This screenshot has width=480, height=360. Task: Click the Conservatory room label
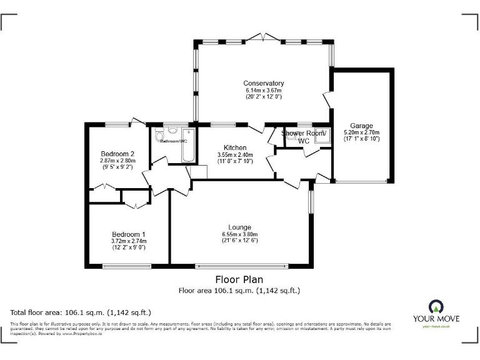pyautogui.click(x=263, y=83)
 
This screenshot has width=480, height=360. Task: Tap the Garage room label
pyautogui.click(x=361, y=126)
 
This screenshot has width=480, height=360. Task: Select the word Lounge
pyautogui.click(x=239, y=227)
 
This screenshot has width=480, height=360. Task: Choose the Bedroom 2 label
pyautogui.click(x=117, y=154)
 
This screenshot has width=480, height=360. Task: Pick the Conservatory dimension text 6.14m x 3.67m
pyautogui.click(x=263, y=91)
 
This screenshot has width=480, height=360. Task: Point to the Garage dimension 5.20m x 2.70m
pyautogui.click(x=361, y=133)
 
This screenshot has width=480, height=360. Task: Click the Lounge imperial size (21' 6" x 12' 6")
pyautogui.click(x=239, y=241)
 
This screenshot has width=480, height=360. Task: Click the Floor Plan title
pyautogui.click(x=239, y=279)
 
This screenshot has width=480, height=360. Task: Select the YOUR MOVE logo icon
pyautogui.click(x=436, y=306)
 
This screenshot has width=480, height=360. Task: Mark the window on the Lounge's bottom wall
pyautogui.click(x=242, y=266)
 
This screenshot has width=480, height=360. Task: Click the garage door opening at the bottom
pyautogui.click(x=361, y=182)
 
